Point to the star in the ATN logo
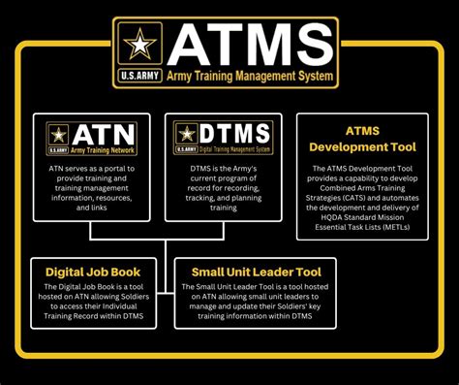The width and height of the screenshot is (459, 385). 58,134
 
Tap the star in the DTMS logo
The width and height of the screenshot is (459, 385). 186,134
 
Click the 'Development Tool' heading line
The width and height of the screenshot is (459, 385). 362,146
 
